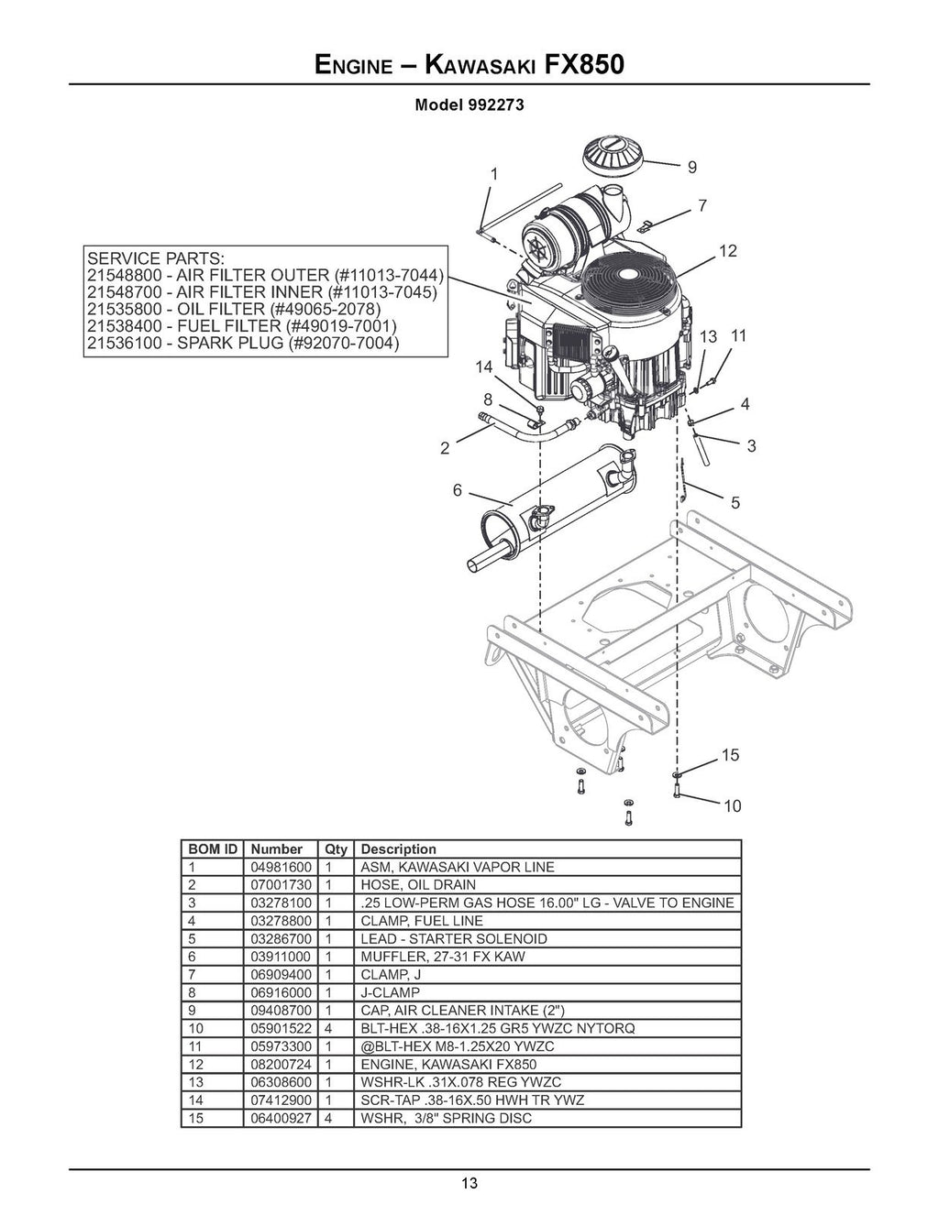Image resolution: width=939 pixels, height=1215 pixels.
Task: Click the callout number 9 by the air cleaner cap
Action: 691,168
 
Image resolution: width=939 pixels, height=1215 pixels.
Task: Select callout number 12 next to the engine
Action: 728,251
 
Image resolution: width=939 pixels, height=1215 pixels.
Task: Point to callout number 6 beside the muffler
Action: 457,490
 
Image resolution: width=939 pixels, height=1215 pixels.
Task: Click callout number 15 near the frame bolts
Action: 730,756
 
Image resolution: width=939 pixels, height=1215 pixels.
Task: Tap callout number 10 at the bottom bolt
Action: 732,806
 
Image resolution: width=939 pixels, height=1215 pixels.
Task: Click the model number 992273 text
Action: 496,104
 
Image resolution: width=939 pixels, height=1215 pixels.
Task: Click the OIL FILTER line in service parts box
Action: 240,309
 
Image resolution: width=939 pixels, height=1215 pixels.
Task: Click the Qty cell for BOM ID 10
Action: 328,1028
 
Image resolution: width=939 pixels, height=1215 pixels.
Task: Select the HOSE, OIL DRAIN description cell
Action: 418,885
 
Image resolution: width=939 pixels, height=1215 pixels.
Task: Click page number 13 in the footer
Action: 469,1183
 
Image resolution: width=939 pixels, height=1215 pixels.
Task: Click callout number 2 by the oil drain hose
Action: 445,448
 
